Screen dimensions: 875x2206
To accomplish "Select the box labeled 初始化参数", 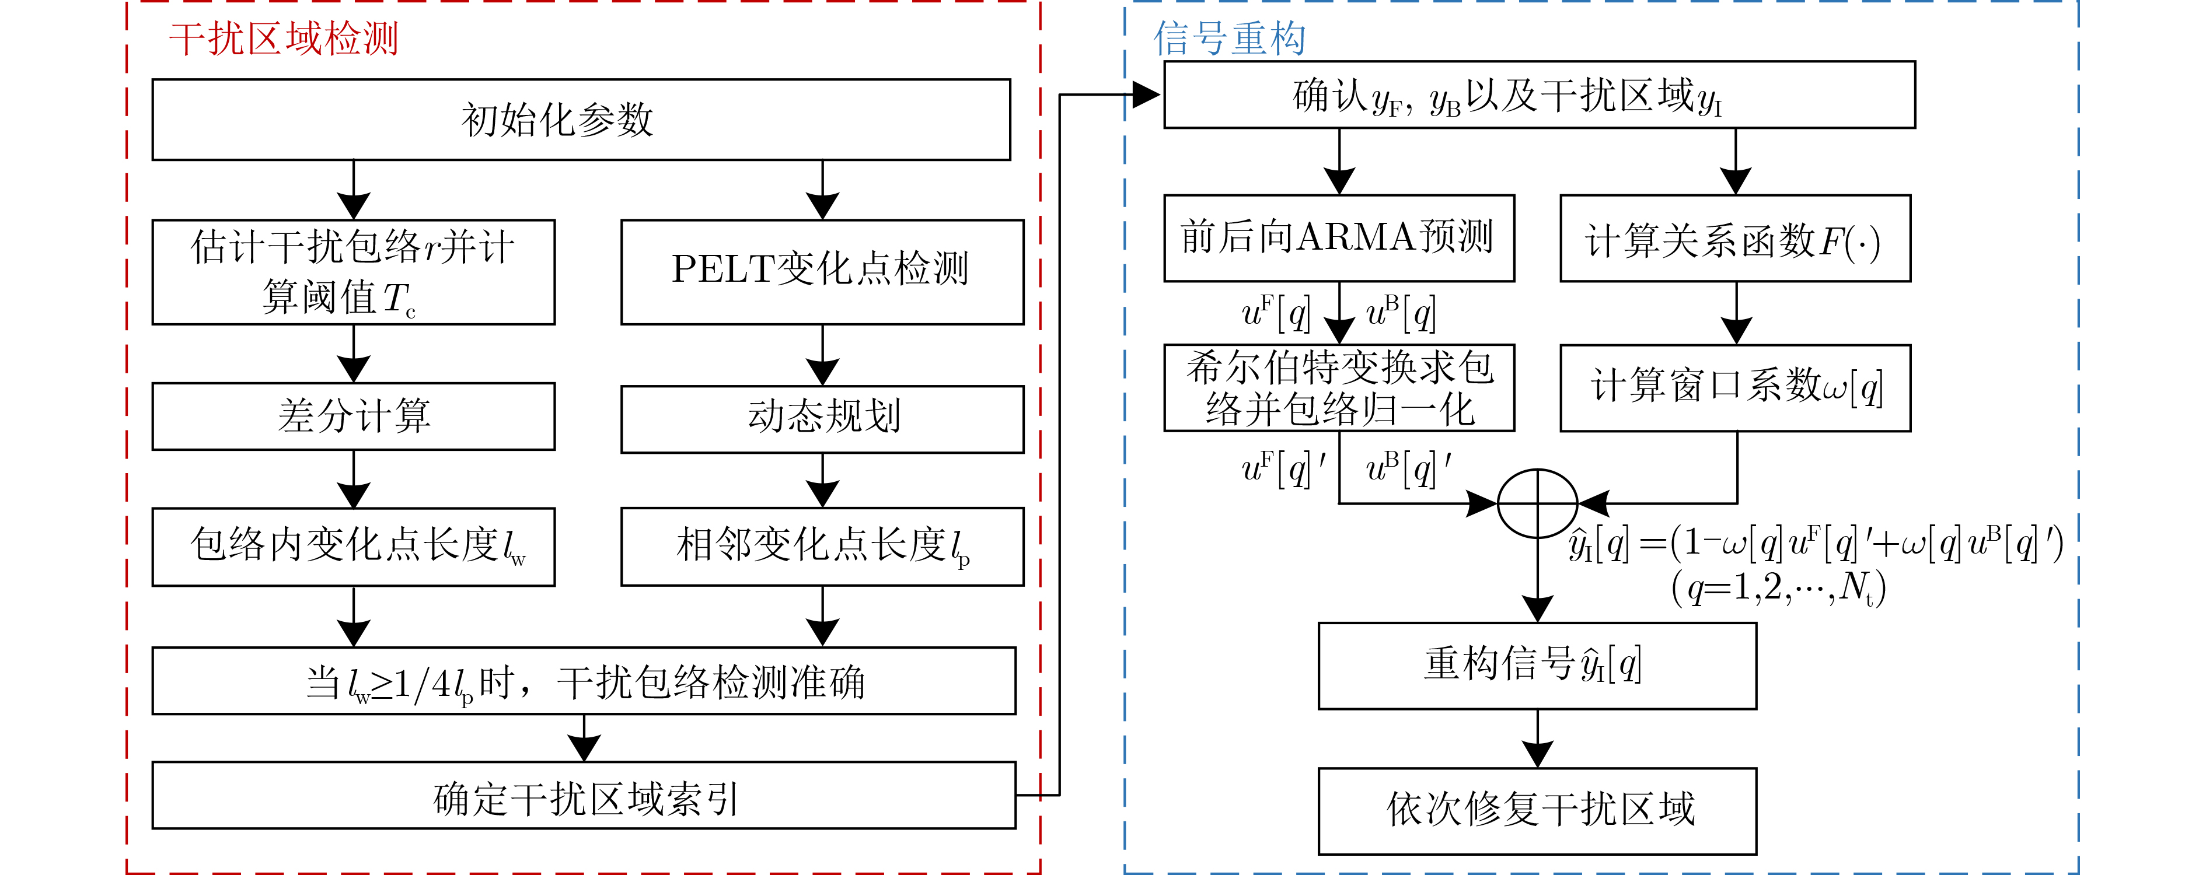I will click(581, 120).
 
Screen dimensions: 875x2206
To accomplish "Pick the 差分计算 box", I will click(353, 416).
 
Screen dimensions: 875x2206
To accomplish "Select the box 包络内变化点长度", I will click(353, 546).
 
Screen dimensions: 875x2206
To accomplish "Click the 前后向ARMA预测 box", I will click(1339, 238).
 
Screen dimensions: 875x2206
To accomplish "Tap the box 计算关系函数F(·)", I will click(1735, 238).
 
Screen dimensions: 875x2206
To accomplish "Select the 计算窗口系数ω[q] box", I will click(1735, 388).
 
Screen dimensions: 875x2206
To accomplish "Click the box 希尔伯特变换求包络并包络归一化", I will click(1339, 388).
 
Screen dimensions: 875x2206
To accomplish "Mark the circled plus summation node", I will click(1537, 503).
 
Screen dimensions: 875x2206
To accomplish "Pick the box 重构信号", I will click(1537, 665).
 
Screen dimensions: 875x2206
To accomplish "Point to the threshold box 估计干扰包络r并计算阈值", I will click(353, 271).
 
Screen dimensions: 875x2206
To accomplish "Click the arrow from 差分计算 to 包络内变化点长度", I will click(354, 480).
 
